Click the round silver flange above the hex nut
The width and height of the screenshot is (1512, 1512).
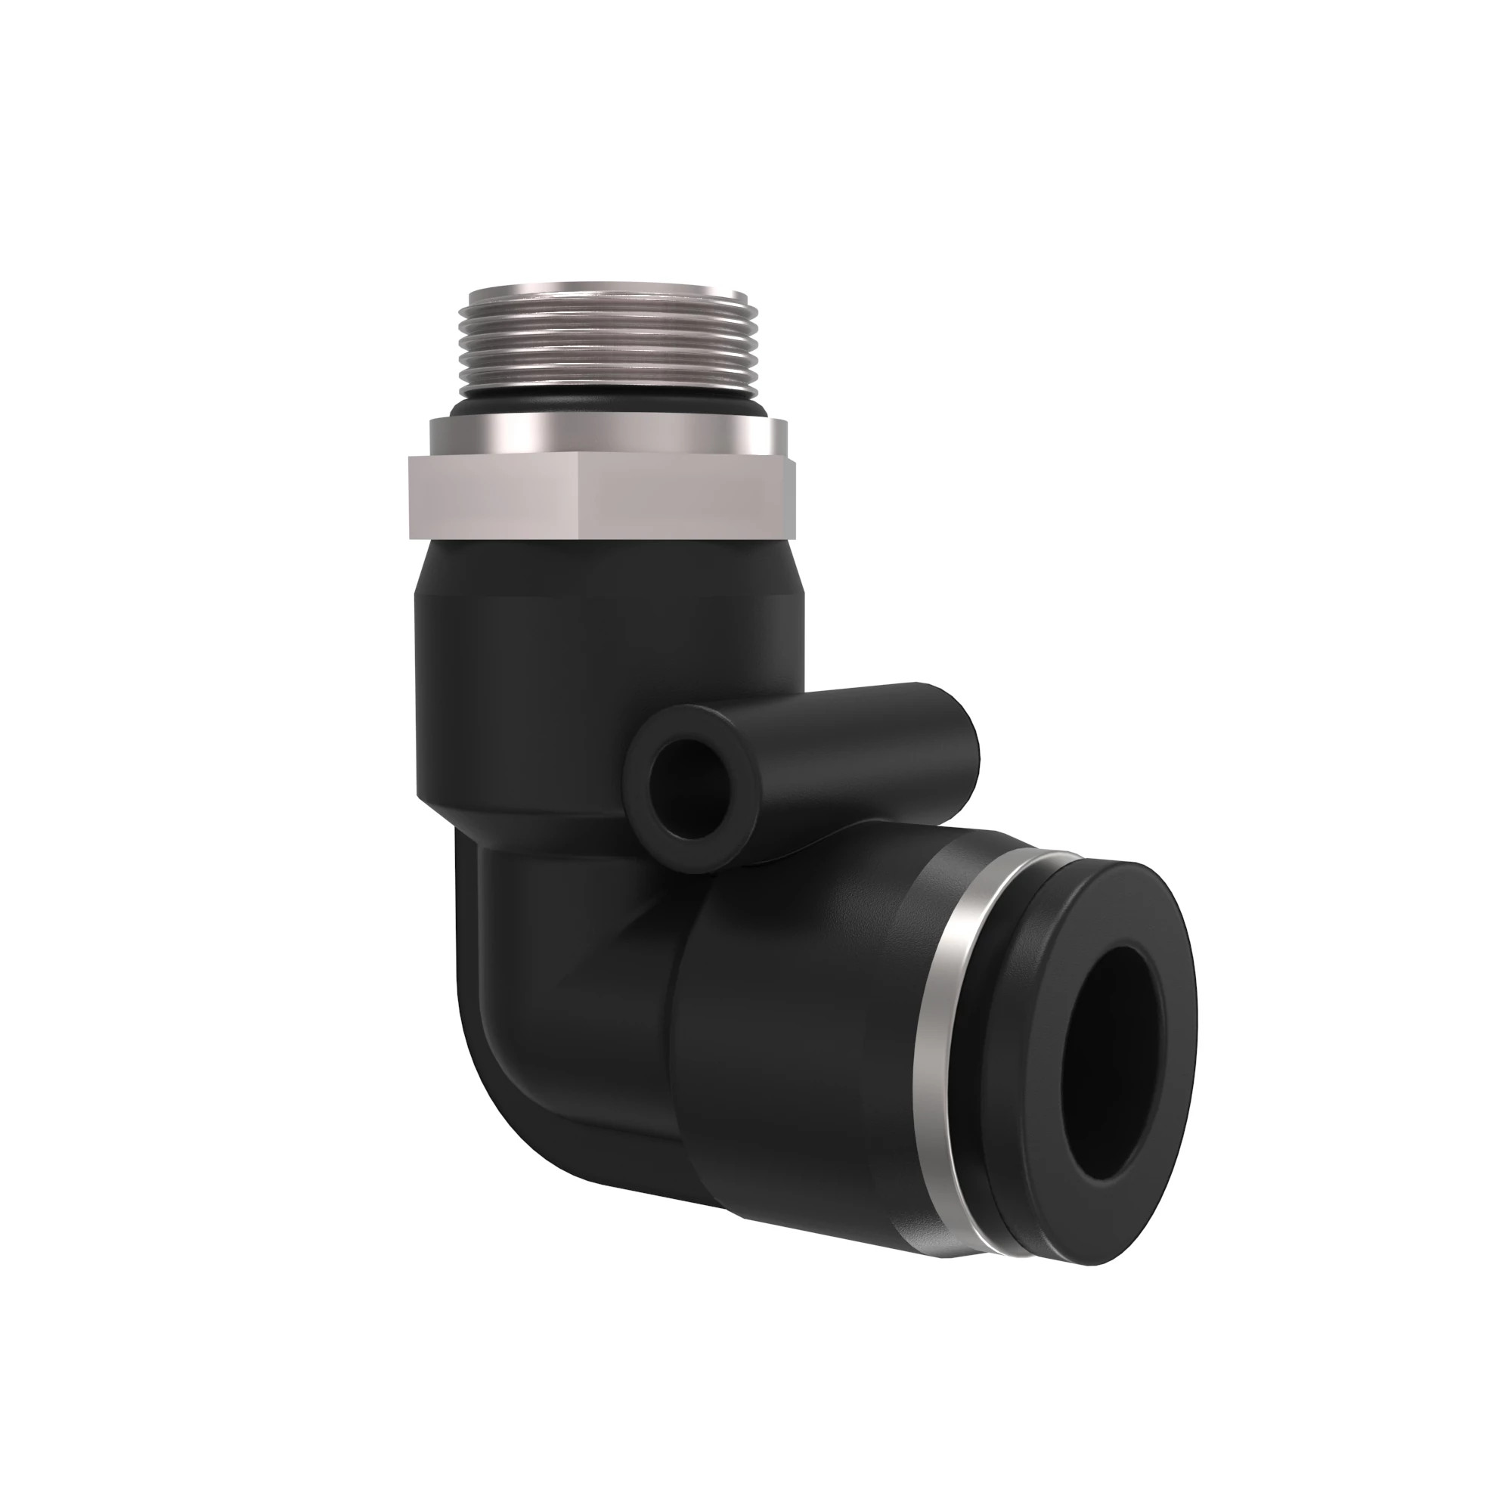point(603,435)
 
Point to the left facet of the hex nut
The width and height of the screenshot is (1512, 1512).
point(497,497)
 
